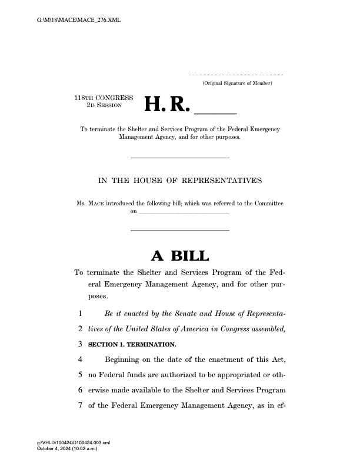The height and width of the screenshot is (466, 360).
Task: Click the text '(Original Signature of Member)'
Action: click(236, 83)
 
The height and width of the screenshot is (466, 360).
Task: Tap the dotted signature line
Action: click(235, 75)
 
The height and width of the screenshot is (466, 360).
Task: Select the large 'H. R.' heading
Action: click(167, 104)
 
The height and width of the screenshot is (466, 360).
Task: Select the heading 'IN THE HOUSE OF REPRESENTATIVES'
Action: click(180, 180)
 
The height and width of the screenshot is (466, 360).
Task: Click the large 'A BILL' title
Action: click(180, 255)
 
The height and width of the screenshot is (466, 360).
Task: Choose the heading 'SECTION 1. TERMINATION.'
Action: click(132, 344)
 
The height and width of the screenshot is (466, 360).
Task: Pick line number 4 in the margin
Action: click(79, 360)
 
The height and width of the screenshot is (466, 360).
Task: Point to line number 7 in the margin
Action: click(79, 405)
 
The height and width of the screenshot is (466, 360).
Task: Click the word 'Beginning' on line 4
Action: click(125, 360)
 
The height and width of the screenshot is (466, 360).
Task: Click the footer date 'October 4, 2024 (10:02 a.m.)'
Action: click(66, 449)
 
